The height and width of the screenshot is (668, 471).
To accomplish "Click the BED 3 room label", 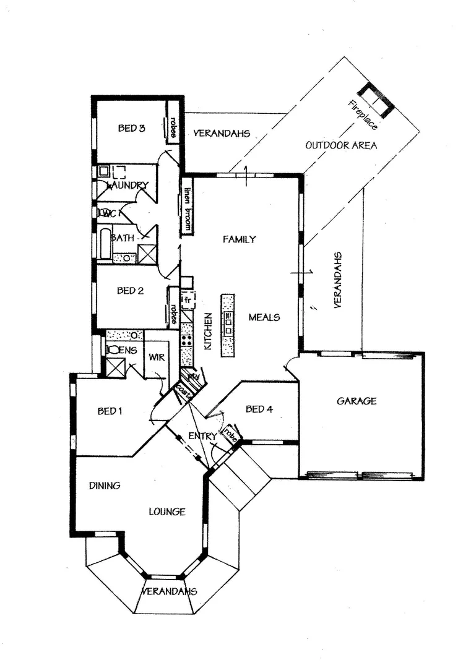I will click(x=131, y=129).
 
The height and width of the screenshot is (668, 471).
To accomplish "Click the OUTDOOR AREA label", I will click(x=341, y=145).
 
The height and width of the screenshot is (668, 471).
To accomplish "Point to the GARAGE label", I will click(x=356, y=401).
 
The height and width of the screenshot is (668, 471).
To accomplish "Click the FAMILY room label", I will click(x=240, y=239).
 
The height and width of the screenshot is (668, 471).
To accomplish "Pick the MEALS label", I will click(x=264, y=317).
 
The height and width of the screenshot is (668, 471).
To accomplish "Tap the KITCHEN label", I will click(x=208, y=331).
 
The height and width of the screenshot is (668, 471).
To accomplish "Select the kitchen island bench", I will click(x=228, y=325).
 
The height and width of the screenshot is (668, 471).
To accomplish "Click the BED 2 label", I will click(x=131, y=290).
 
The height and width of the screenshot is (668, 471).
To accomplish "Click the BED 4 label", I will click(x=259, y=409).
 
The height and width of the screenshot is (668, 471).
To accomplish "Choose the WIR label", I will click(x=155, y=357).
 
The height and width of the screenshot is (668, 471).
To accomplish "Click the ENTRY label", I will click(x=203, y=437).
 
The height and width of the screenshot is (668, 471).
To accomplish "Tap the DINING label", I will click(x=104, y=486).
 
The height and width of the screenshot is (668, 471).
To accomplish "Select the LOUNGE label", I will click(x=167, y=512).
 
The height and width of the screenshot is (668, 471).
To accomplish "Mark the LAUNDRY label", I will click(x=128, y=185).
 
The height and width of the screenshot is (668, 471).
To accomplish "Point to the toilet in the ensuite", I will click(x=113, y=349).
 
